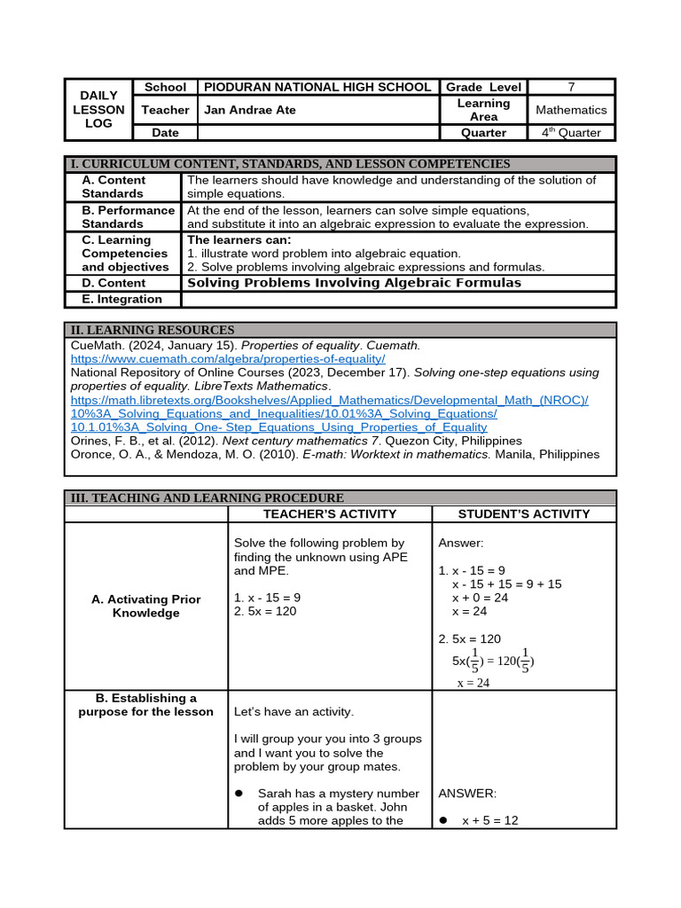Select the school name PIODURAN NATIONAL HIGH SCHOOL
click(x=317, y=87)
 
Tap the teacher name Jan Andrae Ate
click(x=250, y=110)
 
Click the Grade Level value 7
click(x=571, y=87)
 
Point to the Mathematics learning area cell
click(x=571, y=110)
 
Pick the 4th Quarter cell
click(x=571, y=133)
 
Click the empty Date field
click(x=317, y=133)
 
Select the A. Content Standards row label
click(x=113, y=186)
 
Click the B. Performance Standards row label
click(x=128, y=217)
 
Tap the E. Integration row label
click(x=122, y=299)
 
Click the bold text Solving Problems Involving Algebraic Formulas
click(x=354, y=283)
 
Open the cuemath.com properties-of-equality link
click(x=228, y=359)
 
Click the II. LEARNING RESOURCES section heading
click(x=153, y=330)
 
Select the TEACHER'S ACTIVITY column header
click(x=330, y=513)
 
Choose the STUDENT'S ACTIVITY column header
click(x=523, y=513)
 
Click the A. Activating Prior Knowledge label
click(x=145, y=607)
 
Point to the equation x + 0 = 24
click(x=480, y=598)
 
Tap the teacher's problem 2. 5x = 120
click(x=265, y=611)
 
